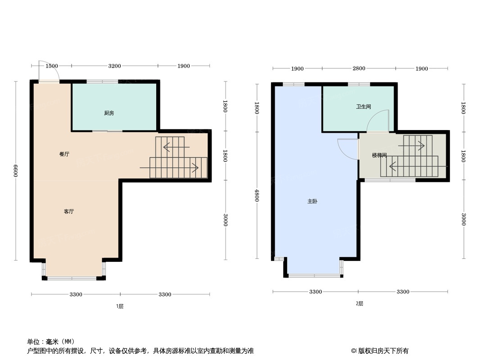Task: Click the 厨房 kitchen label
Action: pyautogui.click(x=109, y=113)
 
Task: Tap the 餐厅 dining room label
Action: pyautogui.click(x=64, y=154)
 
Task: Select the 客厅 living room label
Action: pyautogui.click(x=68, y=211)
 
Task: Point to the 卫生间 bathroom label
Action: pyautogui.click(x=363, y=107)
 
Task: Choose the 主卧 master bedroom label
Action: pyautogui.click(x=312, y=201)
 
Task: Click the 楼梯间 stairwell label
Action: pyautogui.click(x=379, y=155)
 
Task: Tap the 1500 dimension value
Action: pyautogui.click(x=52, y=66)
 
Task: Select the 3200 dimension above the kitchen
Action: pyautogui.click(x=114, y=66)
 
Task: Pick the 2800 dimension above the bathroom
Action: pyautogui.click(x=358, y=68)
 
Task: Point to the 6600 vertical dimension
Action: pyautogui.click(x=15, y=171)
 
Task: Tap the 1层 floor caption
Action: pyautogui.click(x=119, y=306)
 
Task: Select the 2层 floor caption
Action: pyautogui.click(x=359, y=304)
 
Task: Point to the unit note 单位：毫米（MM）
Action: pyautogui.click(x=51, y=341)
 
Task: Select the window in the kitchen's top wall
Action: pyautogui.click(x=102, y=81)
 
